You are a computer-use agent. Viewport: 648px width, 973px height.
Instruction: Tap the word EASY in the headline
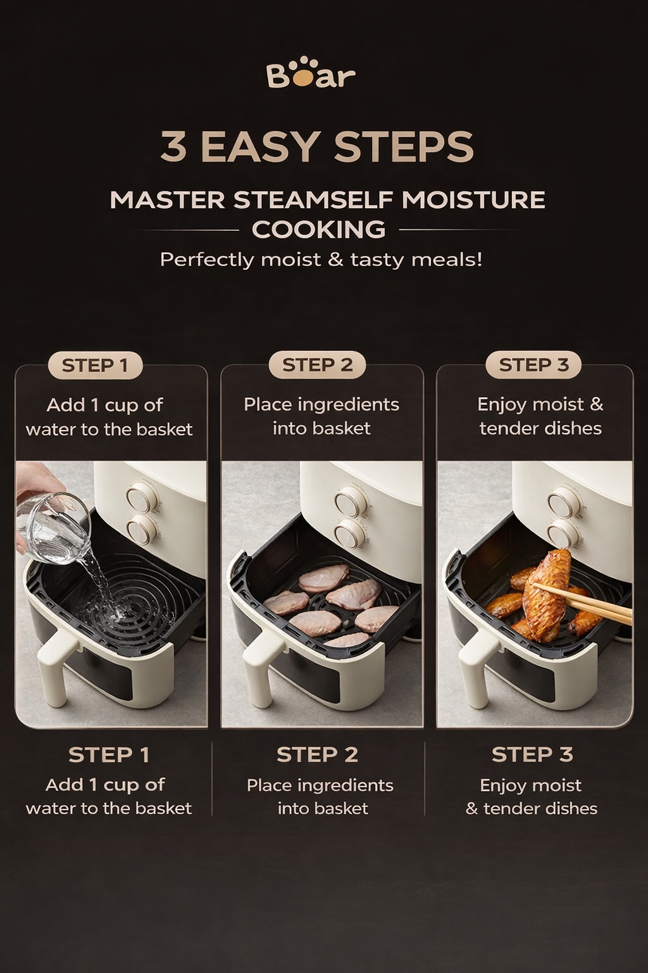[x=259, y=147]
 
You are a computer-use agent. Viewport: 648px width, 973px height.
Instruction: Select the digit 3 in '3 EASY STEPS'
[x=174, y=147]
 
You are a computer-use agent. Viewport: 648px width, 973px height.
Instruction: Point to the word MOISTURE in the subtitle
[x=473, y=200]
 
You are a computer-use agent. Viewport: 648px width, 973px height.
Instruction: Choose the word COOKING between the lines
[x=318, y=229]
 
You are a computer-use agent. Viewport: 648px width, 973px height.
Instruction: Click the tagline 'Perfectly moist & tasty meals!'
[x=321, y=260]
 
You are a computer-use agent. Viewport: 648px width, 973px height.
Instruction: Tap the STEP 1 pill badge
[x=95, y=366]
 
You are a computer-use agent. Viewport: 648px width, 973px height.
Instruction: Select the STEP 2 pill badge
[x=317, y=365]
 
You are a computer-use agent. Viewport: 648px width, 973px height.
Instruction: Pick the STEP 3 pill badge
[x=533, y=365]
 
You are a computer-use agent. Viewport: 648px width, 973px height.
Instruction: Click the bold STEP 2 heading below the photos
[x=317, y=754]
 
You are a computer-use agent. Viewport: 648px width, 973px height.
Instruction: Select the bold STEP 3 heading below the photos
[x=532, y=754]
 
